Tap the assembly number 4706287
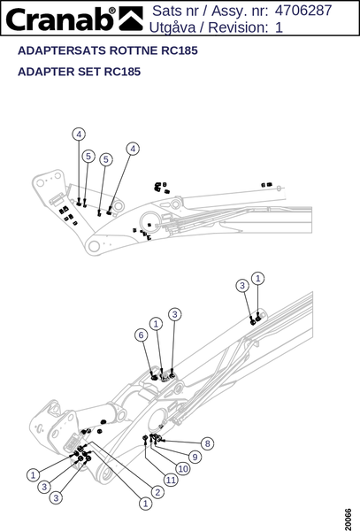(303, 11)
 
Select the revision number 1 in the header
(279, 27)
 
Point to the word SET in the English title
(89, 72)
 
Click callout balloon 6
(142, 335)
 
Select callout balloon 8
(207, 443)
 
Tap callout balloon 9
(195, 457)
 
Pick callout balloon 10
(183, 469)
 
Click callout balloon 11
(171, 480)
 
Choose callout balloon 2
(157, 492)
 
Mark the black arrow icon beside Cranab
(131, 19)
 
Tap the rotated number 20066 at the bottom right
(349, 519)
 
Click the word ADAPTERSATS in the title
(62, 50)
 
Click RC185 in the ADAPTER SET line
(122, 72)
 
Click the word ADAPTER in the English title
(46, 72)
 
